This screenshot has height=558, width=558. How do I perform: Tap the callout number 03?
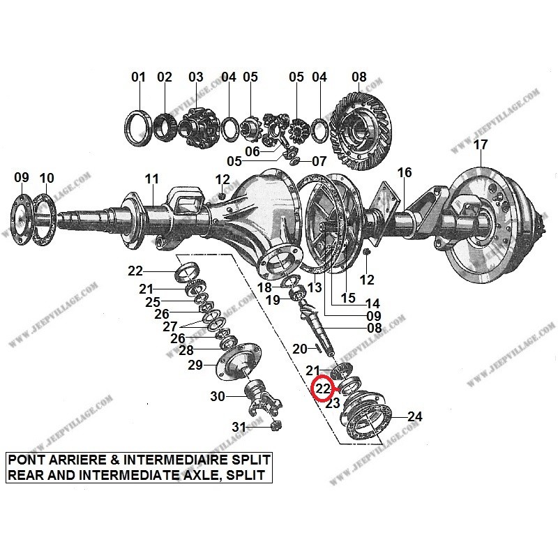(195, 77)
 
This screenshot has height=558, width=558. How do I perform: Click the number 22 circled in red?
(323, 389)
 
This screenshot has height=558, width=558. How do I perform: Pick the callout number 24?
(414, 417)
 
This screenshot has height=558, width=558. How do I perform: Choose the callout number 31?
(239, 427)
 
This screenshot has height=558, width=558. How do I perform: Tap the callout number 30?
(218, 396)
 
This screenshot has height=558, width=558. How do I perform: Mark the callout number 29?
(195, 365)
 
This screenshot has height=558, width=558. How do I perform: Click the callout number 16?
(405, 172)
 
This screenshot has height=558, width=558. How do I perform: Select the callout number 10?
(46, 179)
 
